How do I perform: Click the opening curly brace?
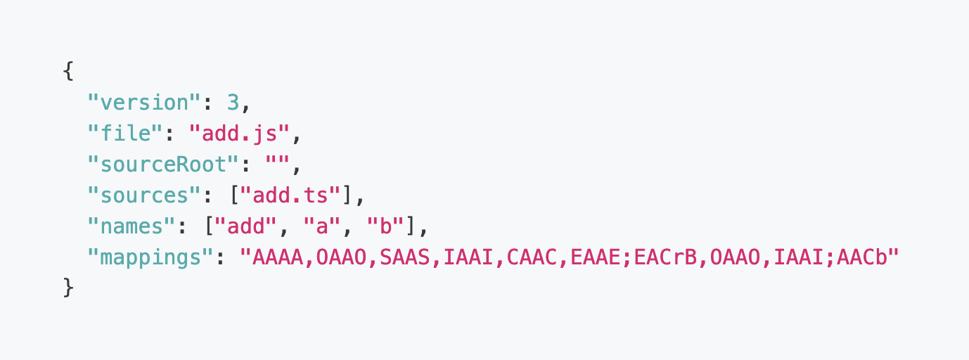click(68, 71)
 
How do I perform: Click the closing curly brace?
click(68, 288)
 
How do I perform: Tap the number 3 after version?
click(233, 103)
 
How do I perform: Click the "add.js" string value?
click(240, 134)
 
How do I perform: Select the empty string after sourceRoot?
click(278, 165)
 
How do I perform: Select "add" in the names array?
click(246, 226)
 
